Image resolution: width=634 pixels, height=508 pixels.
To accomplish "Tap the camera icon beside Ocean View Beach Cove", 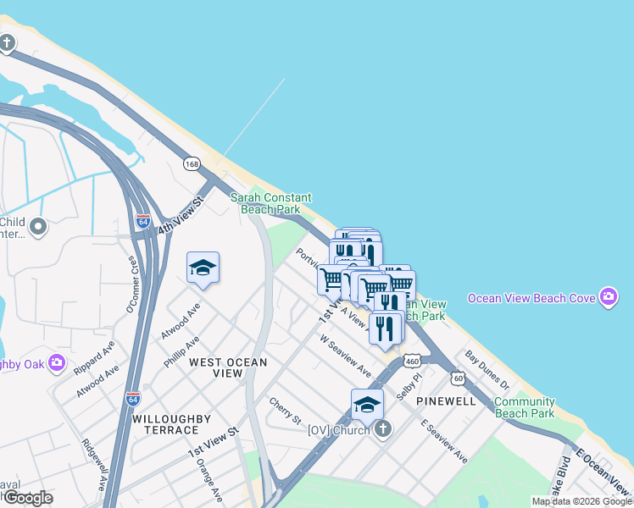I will [608, 297].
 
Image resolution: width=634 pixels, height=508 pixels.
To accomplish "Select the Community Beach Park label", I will [525, 407].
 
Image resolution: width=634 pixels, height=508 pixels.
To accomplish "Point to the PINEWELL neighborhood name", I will [446, 400].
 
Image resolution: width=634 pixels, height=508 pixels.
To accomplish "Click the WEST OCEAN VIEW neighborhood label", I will [228, 367].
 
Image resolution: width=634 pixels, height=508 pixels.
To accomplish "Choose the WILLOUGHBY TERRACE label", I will [165, 424].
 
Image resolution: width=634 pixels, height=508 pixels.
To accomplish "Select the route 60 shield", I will [458, 378].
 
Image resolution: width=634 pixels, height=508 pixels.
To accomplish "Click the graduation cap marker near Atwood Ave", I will [203, 269].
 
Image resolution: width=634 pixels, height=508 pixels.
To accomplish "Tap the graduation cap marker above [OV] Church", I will [367, 406].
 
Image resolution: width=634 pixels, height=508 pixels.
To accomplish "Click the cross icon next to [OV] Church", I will [382, 429].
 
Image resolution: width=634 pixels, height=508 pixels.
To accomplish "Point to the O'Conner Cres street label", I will [133, 285].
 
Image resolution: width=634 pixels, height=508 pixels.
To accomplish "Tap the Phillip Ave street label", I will [181, 351].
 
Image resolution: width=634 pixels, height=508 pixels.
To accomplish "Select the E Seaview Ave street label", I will [445, 440].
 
